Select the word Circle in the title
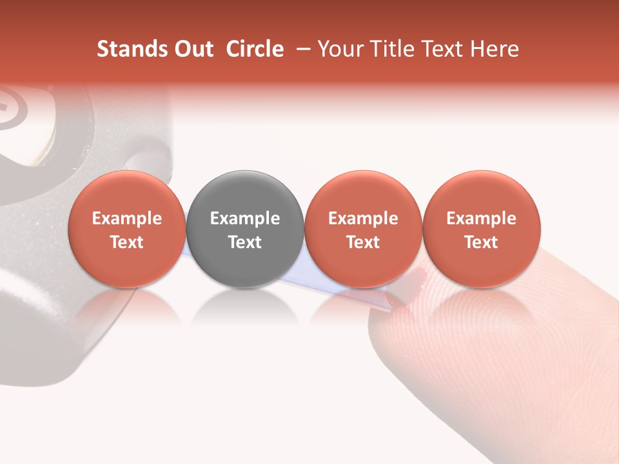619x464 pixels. (255, 49)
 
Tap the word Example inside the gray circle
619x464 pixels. (245, 218)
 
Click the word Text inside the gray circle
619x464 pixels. (245, 242)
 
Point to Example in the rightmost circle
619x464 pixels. (481, 218)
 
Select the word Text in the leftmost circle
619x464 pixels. (126, 242)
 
